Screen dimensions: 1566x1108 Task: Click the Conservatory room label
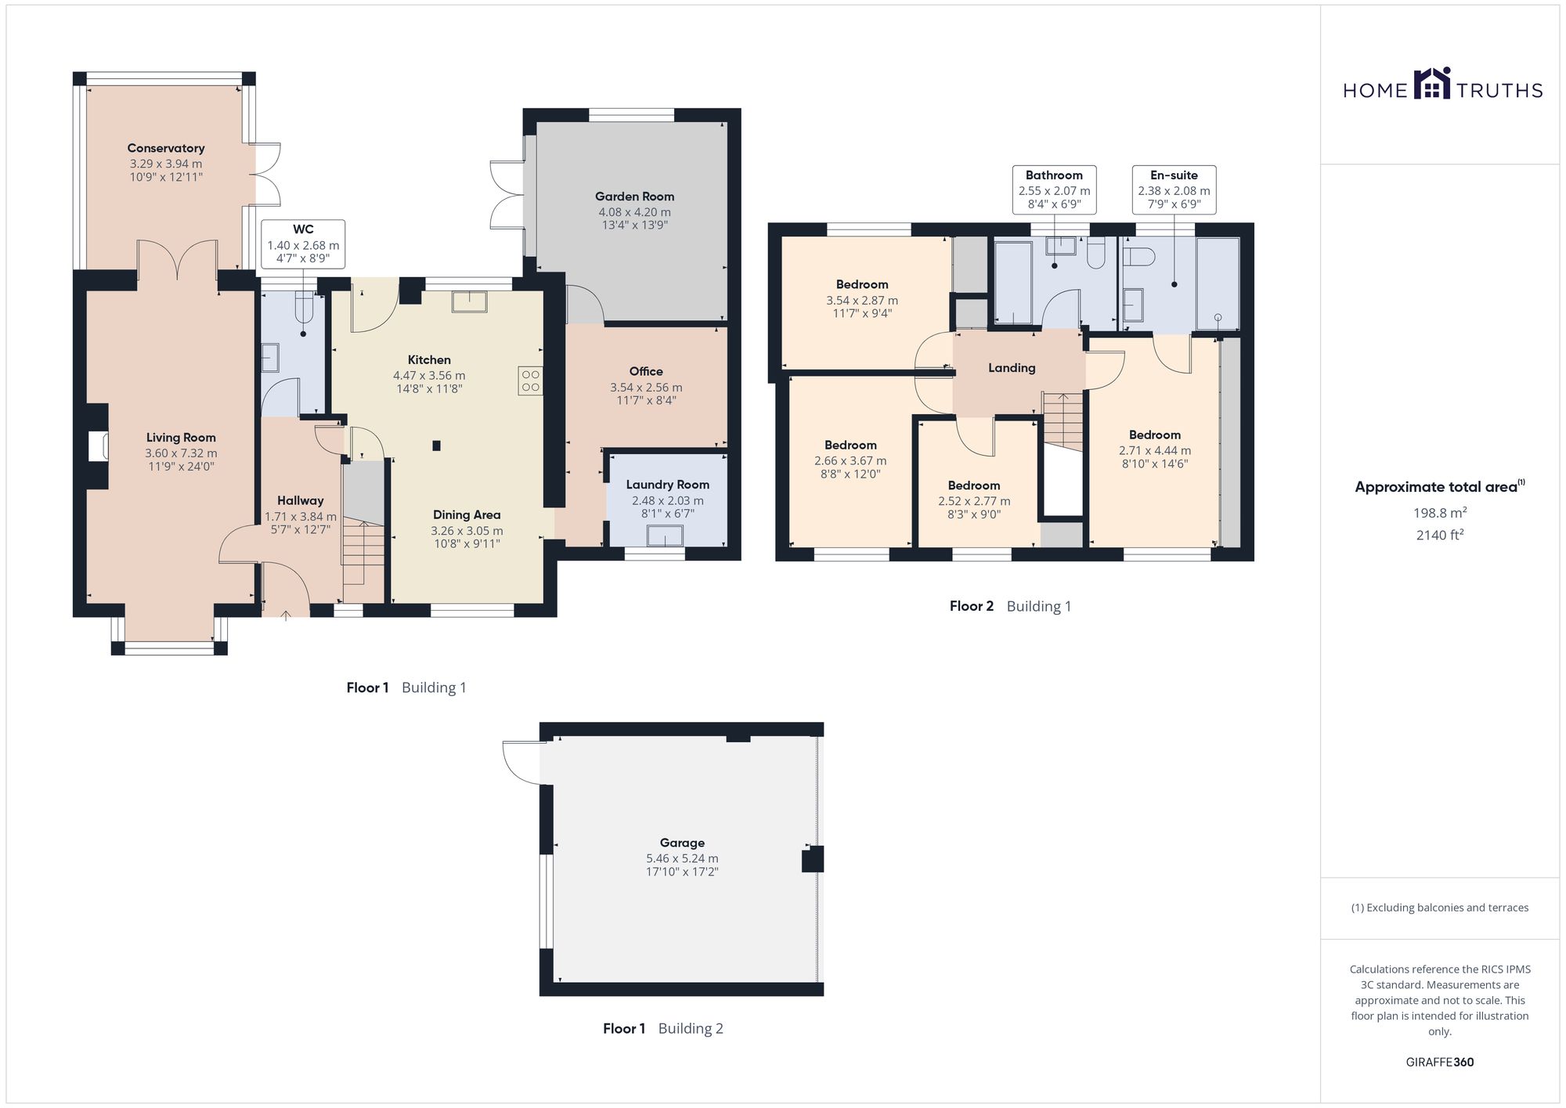166,148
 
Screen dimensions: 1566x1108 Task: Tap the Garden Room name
634,197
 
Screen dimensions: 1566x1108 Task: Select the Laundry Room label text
667,485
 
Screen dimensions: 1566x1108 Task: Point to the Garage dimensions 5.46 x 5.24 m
682,858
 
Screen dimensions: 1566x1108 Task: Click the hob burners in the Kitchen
530,381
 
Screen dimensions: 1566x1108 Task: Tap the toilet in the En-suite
1140,257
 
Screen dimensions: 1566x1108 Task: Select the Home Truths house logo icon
1432,83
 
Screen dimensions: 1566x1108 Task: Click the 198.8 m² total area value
1440,513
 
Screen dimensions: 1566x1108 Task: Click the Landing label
1012,368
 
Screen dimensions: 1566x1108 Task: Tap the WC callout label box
303,244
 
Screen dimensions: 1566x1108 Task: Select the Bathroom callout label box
1054,189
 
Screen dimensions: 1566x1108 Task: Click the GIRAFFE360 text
1440,1063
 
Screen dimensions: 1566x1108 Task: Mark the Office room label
646,372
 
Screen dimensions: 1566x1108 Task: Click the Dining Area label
467,515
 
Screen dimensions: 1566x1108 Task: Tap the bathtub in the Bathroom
1015,283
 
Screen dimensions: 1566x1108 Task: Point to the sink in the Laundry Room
665,536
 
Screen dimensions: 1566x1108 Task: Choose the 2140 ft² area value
1440,536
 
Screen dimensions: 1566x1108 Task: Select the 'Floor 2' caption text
972,606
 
